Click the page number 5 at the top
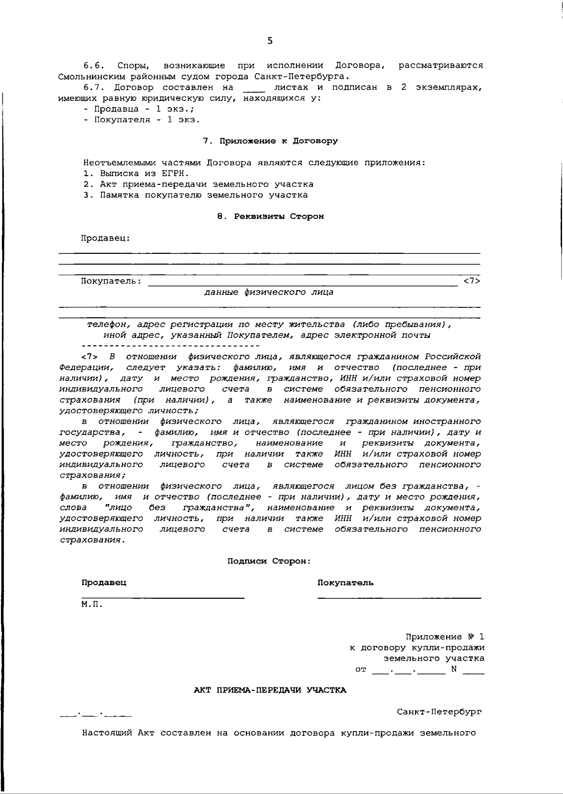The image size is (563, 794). [x=269, y=41]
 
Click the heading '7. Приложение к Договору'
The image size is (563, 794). [x=270, y=141]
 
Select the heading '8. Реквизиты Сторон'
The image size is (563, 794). [x=271, y=216]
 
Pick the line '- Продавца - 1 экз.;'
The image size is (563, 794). [x=139, y=109]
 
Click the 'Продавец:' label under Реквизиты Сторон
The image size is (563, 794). [x=106, y=238]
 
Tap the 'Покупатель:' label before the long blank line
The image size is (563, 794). [x=111, y=281]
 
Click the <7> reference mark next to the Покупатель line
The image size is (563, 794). [x=472, y=281]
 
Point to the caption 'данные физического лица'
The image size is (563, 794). [x=268, y=292]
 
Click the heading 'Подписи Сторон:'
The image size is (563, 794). [x=269, y=561]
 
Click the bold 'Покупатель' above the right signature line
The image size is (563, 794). [x=345, y=583]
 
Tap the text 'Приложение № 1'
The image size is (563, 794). [x=444, y=637]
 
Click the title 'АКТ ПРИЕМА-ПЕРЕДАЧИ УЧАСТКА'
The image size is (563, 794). [x=270, y=690]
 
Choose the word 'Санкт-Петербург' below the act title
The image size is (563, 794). [x=439, y=712]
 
